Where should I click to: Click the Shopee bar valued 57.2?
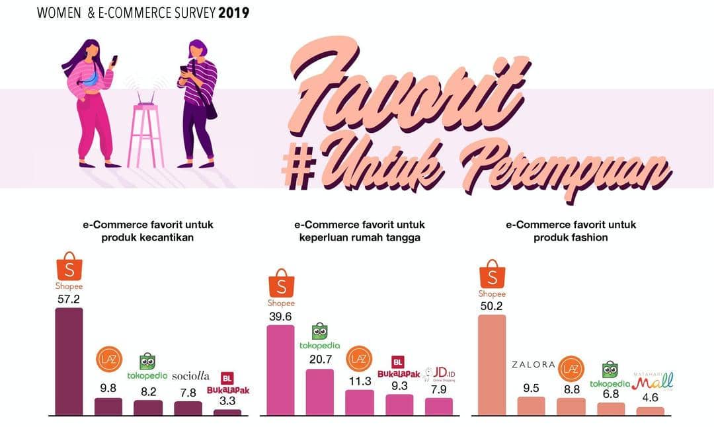[69, 361]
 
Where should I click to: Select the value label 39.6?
[280, 316]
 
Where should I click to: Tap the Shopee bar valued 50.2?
[491, 364]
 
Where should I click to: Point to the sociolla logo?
[190, 375]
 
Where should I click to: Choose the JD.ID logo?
[440, 375]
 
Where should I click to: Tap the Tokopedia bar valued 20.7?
[320, 392]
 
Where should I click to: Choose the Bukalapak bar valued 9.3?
[399, 405]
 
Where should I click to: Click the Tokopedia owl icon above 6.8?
[610, 369]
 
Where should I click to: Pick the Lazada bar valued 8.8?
[571, 406]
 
